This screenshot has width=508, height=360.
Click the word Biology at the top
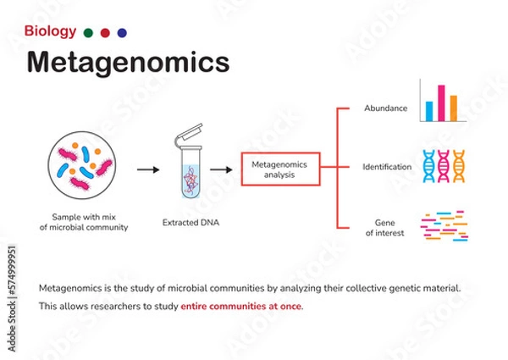point(50,32)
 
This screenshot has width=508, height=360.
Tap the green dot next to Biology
point(88,33)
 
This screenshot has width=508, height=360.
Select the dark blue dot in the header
point(122,33)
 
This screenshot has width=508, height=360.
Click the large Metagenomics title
point(127,64)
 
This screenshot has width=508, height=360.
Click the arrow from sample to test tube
point(148,169)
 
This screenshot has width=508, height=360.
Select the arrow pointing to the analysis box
point(222,169)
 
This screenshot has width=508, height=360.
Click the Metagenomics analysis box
point(280,169)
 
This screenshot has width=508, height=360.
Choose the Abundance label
point(385,108)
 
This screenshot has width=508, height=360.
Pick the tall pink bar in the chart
point(440,102)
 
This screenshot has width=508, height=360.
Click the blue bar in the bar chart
point(428,110)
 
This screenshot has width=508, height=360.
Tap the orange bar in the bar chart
point(453,108)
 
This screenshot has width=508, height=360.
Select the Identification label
point(387,167)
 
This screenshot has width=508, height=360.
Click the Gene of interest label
point(386,226)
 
